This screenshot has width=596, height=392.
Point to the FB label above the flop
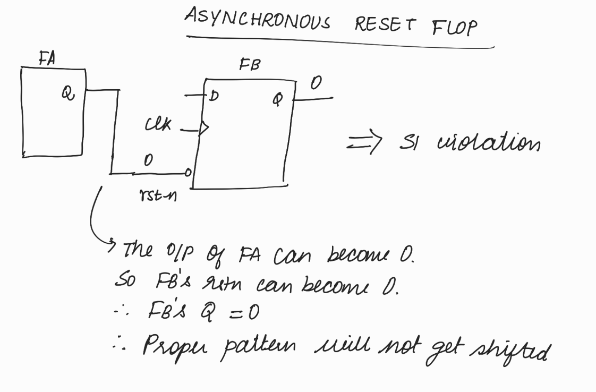pos(249,66)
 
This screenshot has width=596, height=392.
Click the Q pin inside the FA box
pos(66,93)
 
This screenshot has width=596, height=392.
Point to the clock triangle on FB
pos(203,127)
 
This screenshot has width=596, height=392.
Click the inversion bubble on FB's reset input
pos(188,172)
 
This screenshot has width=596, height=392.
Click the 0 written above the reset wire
pos(148,160)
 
